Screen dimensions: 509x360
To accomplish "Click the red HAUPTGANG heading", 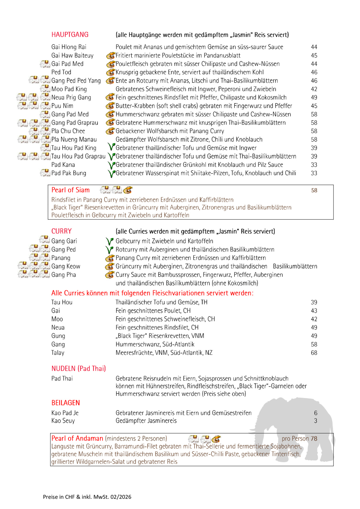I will point(70,35).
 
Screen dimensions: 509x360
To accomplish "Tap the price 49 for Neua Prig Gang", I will point(314,97).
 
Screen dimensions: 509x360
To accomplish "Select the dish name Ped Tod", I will point(61,72).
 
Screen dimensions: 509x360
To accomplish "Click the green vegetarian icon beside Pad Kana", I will point(111,165).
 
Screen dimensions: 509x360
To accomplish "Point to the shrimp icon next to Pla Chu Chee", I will point(110,131).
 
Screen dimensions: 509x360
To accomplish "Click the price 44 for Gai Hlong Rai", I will point(314,47).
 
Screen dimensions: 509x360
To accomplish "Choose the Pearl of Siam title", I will point(70,190).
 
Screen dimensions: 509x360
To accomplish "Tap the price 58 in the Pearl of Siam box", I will point(314,191).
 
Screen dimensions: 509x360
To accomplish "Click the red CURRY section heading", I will point(62,231).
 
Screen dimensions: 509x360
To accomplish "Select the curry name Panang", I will point(61,258).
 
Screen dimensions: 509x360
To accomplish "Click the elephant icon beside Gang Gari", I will point(44,240).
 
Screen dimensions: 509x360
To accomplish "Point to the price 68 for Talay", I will point(314,353).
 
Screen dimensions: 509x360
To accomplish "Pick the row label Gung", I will point(58,336).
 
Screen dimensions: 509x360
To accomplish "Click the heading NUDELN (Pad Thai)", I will point(78,368).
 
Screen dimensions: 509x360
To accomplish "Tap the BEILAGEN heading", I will point(65,403).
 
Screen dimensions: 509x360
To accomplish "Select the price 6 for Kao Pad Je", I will point(316,413).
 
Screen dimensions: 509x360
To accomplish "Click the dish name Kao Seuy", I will point(63,421).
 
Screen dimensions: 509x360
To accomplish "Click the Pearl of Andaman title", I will point(77,438).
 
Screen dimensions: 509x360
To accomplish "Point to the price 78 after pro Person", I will point(314,439).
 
